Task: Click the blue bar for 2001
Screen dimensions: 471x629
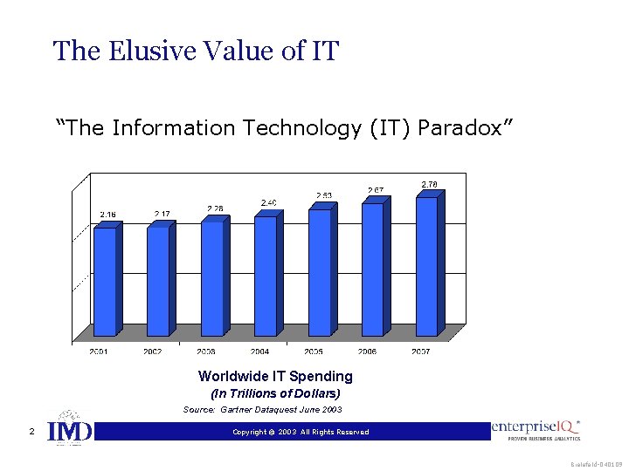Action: [x=105, y=281]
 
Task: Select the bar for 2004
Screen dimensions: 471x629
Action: [x=266, y=275]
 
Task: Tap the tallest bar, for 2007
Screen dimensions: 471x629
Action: [x=426, y=266]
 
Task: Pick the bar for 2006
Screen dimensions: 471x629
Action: [x=373, y=269]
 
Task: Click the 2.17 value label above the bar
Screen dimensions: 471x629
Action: [x=162, y=214]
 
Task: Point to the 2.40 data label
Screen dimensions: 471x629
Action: [x=269, y=203]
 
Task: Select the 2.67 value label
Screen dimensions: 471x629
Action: [x=376, y=190]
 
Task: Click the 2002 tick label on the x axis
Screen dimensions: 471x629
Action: [x=152, y=352]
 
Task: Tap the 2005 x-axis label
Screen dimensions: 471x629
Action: [x=313, y=352]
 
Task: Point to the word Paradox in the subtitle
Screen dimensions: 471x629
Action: [x=465, y=128]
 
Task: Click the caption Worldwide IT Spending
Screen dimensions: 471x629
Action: [x=275, y=377]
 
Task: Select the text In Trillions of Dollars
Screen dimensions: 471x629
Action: [x=275, y=393]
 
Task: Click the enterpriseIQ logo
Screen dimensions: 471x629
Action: [x=536, y=430]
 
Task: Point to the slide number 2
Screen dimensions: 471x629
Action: [x=31, y=432]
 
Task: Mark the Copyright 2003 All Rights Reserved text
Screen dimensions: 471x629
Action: [x=301, y=432]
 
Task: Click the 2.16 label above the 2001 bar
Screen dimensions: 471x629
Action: [x=107, y=215]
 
